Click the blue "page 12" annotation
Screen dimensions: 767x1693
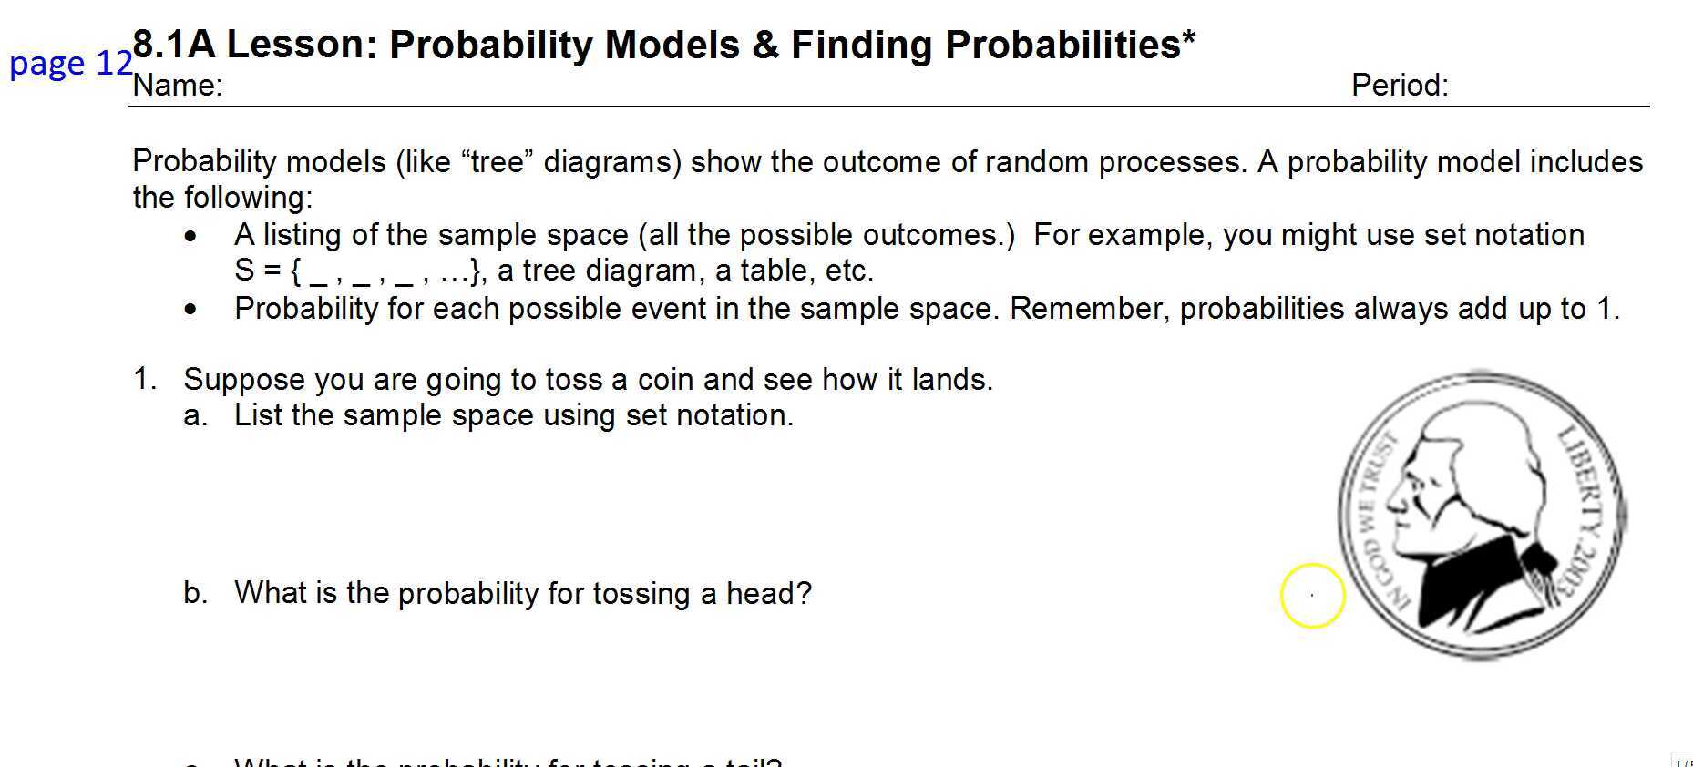point(70,63)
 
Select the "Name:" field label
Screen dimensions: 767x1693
point(178,86)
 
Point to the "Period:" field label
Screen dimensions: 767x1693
point(1399,86)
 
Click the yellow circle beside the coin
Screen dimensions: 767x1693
point(1312,596)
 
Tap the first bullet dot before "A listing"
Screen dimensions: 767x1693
point(190,237)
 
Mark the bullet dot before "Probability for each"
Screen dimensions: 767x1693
point(190,311)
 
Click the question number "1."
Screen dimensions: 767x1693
point(145,379)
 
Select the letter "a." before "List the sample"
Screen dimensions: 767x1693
point(195,416)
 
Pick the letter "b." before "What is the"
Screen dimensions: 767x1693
point(195,593)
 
